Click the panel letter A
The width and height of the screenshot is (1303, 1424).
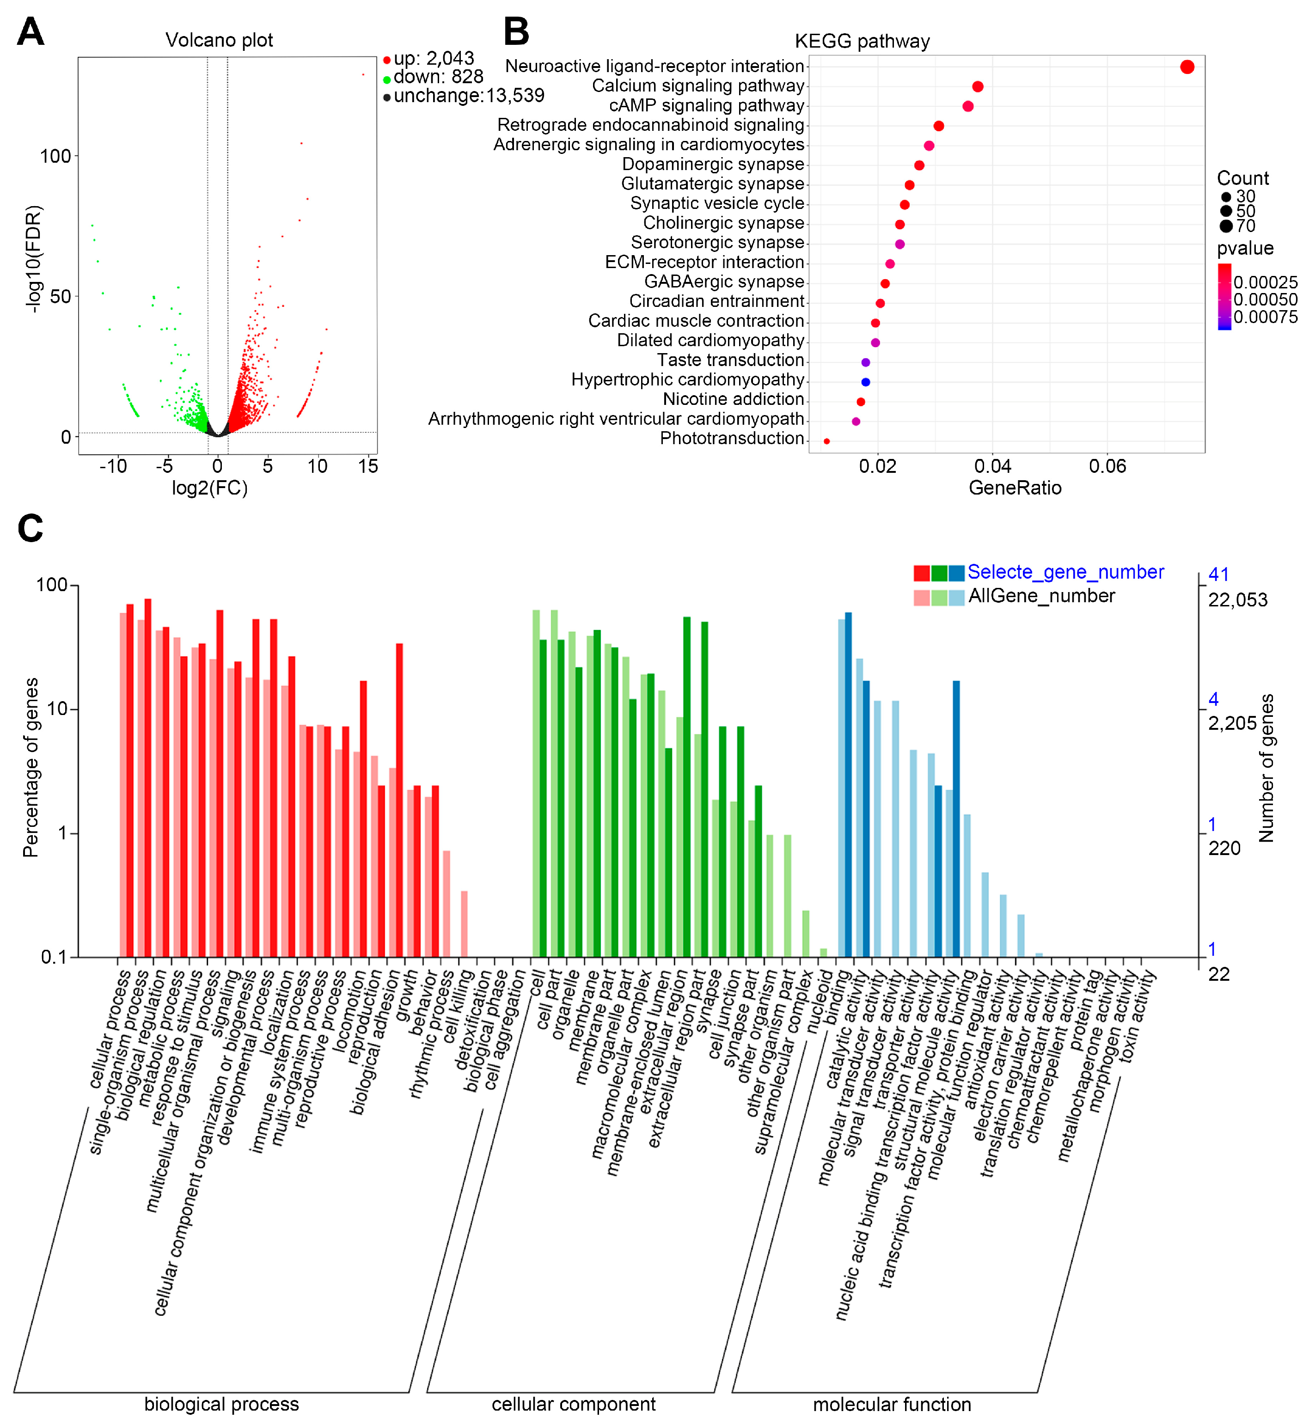[31, 32]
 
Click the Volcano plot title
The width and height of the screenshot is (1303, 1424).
[219, 40]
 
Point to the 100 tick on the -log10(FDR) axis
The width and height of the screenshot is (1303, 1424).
[55, 156]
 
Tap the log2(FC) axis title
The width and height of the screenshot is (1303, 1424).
[210, 488]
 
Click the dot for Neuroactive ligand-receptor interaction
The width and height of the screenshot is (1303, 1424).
[1187, 67]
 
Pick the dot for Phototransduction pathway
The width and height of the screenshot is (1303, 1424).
[826, 441]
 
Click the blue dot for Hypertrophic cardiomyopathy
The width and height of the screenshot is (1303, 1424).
[865, 382]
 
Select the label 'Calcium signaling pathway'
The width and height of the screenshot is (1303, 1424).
[698, 86]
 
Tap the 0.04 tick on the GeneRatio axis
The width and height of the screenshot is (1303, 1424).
[992, 466]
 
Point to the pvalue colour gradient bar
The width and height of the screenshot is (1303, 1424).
[1224, 297]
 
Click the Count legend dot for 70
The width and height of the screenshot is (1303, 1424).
[1225, 226]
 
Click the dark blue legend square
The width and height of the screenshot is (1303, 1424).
[956, 573]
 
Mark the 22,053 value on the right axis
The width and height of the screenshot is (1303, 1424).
[1237, 600]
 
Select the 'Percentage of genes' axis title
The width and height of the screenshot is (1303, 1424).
[31, 768]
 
